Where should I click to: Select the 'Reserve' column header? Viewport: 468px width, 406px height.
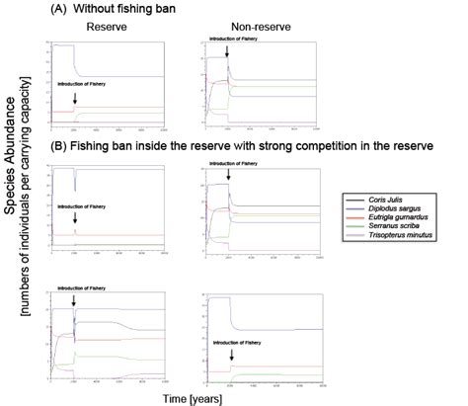(100, 29)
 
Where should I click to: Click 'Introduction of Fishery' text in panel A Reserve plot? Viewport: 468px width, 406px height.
(82, 86)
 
